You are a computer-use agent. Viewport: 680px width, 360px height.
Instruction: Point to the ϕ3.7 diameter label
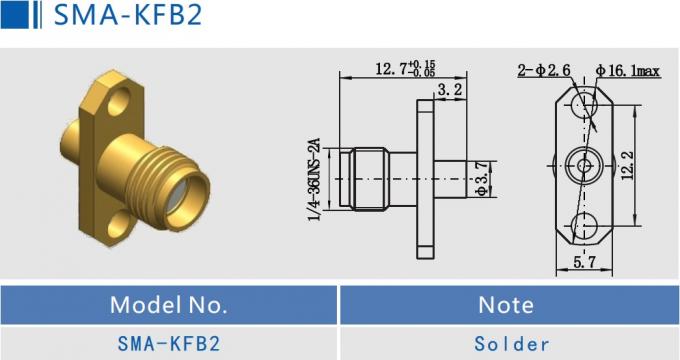point(481,178)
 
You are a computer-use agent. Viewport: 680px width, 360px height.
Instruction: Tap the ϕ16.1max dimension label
point(627,71)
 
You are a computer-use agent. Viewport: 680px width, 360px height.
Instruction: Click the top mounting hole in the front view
point(585,103)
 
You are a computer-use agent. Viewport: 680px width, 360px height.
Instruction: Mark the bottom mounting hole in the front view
point(585,225)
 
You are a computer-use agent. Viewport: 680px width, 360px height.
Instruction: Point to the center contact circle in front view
point(585,164)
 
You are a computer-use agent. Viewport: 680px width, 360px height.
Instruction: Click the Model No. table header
point(169,304)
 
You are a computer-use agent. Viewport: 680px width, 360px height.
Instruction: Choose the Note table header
point(505,304)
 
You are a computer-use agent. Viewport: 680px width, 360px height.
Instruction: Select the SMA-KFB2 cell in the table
point(169,343)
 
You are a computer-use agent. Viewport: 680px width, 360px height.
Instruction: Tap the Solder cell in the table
point(505,343)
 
